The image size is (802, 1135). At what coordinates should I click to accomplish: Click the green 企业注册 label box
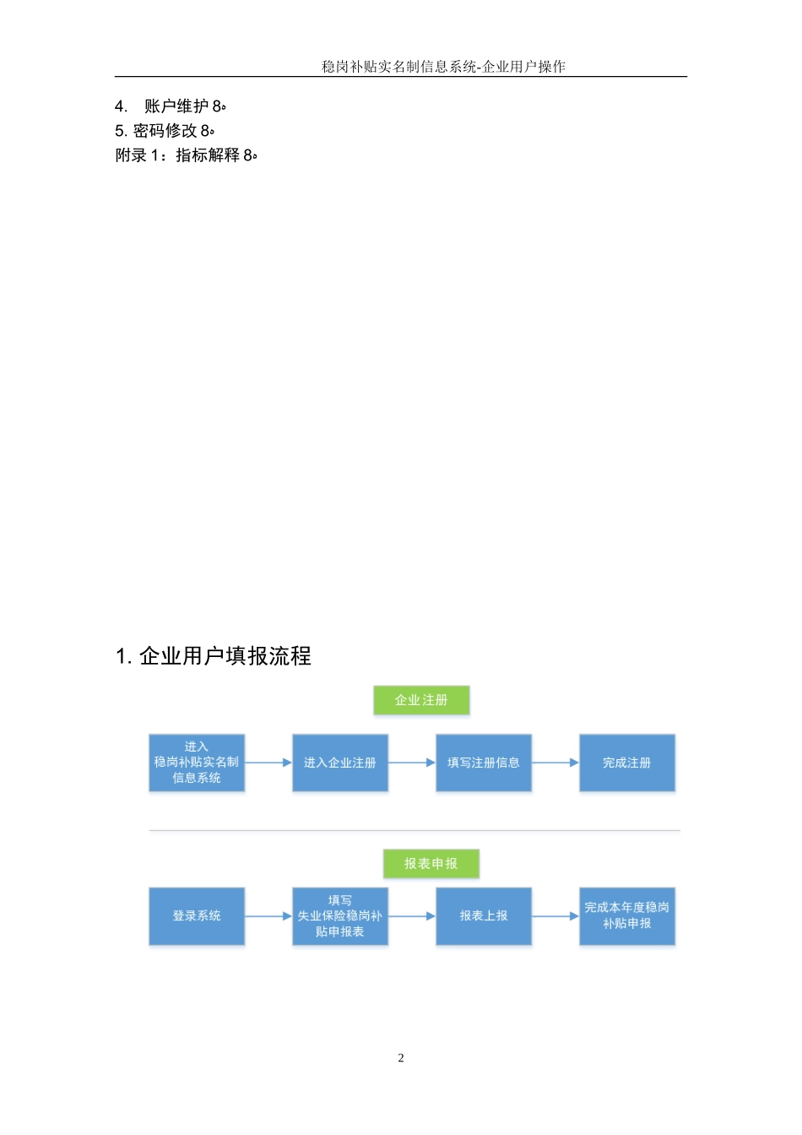(x=421, y=700)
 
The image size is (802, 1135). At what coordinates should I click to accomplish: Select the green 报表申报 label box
(x=431, y=863)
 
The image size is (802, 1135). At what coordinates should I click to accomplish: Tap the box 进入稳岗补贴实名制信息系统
(x=197, y=763)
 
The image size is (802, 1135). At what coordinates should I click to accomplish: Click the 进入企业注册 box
(x=340, y=763)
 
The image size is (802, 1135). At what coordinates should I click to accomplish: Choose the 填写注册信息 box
(x=484, y=763)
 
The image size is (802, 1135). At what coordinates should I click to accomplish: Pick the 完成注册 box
(x=627, y=763)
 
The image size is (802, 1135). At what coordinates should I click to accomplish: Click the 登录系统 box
(x=197, y=916)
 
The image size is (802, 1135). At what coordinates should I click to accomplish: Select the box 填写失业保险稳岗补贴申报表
(x=340, y=916)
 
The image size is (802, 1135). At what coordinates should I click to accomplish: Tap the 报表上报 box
(x=484, y=916)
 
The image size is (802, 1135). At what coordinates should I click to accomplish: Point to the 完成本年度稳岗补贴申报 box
(x=627, y=916)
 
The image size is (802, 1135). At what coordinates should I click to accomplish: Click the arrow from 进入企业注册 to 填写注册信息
(x=412, y=763)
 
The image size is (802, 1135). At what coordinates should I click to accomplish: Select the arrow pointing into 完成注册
(x=555, y=763)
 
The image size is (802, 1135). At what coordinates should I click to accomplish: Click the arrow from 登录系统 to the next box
(x=268, y=916)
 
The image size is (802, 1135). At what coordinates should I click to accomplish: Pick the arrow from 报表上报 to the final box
(x=555, y=916)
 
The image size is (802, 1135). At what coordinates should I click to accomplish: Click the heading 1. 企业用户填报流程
(x=214, y=656)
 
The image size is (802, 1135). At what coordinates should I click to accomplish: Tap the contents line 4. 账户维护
(x=171, y=106)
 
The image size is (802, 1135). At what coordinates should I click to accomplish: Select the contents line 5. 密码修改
(x=165, y=131)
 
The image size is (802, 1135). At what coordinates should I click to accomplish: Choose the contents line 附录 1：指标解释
(x=186, y=155)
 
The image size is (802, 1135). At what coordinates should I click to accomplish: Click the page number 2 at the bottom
(x=401, y=1058)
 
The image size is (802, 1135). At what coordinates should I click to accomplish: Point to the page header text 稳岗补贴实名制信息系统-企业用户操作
(x=443, y=67)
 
